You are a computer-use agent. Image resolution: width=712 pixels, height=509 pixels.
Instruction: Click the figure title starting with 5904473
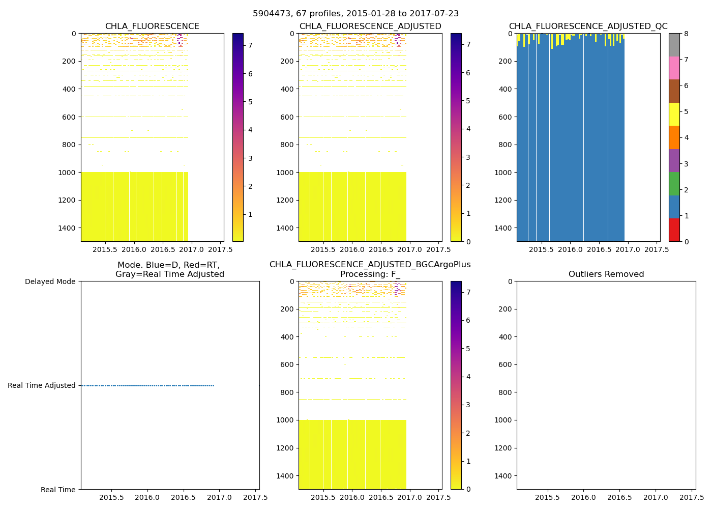click(x=355, y=14)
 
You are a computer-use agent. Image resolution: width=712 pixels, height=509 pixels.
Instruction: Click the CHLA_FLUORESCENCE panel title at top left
click(x=152, y=26)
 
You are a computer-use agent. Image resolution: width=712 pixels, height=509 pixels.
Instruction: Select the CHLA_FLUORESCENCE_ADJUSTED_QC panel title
click(x=588, y=26)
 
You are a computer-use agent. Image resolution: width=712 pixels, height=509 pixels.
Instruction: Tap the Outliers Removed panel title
click(x=606, y=274)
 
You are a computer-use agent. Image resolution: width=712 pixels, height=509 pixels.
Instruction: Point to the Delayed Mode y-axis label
click(x=50, y=281)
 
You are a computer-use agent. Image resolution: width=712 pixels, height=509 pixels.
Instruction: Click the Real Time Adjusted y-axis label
click(x=42, y=385)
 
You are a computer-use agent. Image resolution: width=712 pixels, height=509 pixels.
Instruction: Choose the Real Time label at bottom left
click(x=58, y=490)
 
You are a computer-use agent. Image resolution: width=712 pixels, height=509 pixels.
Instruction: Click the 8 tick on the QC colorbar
click(x=686, y=34)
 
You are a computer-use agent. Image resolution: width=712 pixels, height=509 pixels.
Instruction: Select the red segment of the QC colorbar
click(x=674, y=230)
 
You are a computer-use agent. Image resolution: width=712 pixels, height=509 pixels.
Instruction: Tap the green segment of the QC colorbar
click(x=674, y=183)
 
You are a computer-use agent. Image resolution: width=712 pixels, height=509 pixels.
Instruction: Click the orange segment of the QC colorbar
click(x=674, y=137)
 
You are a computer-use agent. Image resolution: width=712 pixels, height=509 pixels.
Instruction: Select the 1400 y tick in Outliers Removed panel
click(x=505, y=475)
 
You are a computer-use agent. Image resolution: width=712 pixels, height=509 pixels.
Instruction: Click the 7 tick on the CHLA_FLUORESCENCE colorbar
click(x=250, y=45)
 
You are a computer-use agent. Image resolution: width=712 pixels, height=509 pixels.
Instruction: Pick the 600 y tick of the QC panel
click(x=505, y=117)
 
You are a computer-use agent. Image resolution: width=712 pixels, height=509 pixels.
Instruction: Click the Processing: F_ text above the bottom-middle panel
click(x=370, y=274)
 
